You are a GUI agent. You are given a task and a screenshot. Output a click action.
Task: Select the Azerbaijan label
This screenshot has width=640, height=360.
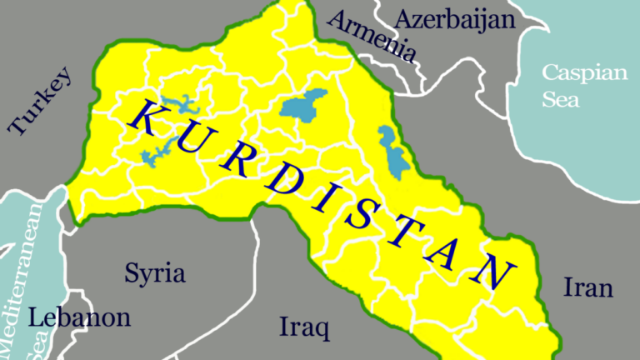[455, 19]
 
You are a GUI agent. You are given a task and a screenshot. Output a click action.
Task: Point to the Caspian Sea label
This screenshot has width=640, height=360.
[584, 86]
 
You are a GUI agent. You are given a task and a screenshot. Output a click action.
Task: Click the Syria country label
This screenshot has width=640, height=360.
[155, 272]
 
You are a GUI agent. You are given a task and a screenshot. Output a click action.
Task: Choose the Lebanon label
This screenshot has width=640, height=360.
[80, 317]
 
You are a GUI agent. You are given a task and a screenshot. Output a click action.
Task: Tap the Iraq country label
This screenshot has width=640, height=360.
[304, 325]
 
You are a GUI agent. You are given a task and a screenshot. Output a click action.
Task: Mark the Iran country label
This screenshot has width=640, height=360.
[588, 288]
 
